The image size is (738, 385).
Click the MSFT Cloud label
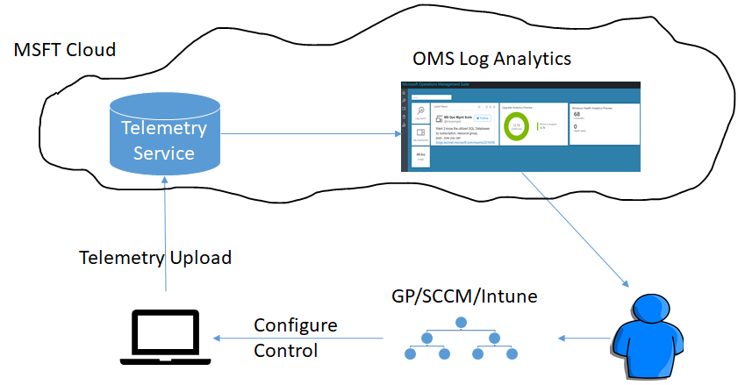coord(65,49)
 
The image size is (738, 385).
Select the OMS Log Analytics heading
coord(492,59)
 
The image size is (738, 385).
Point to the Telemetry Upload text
coord(155,258)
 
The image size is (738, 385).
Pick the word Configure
coord(296,325)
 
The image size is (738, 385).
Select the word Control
coord(285,351)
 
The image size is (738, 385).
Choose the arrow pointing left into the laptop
coord(298,339)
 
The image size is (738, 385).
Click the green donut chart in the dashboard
coord(518,125)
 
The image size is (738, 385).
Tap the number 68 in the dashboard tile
coord(577,114)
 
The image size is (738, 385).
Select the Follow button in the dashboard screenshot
coord(483,118)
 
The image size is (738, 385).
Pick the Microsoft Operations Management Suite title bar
coord(439,84)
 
